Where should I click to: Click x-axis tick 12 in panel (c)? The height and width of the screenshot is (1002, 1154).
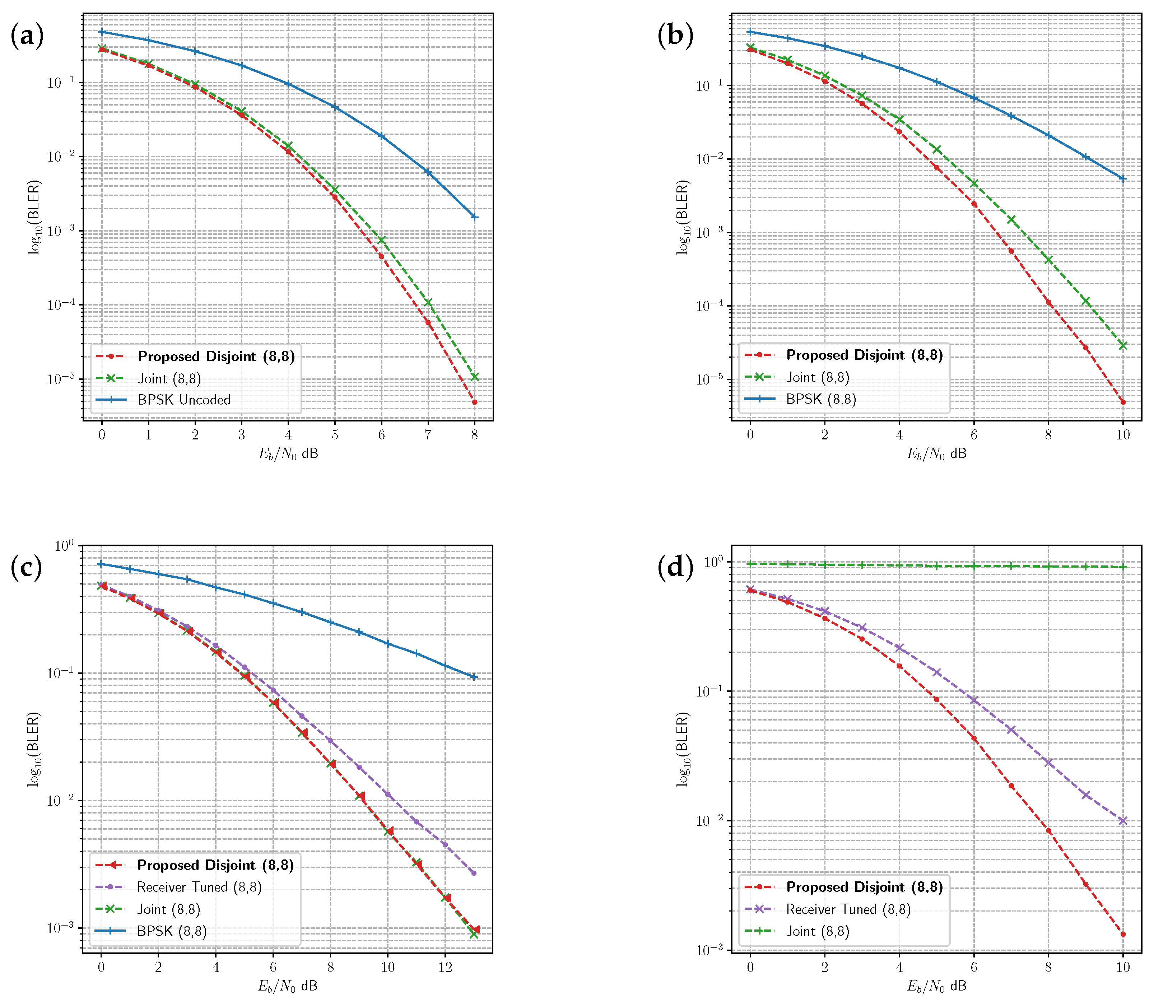(445, 967)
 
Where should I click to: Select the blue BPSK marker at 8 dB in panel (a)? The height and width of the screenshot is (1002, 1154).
(475, 217)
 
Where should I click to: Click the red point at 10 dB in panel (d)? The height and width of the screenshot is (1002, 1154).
(1123, 934)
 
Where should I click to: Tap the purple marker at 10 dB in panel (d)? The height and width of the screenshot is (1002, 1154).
(1123, 821)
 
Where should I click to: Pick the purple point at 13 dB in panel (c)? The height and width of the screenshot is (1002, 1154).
(474, 873)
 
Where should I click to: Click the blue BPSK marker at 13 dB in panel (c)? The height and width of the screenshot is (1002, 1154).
(474, 677)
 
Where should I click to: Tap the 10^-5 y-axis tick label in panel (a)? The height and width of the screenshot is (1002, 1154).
(61, 379)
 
